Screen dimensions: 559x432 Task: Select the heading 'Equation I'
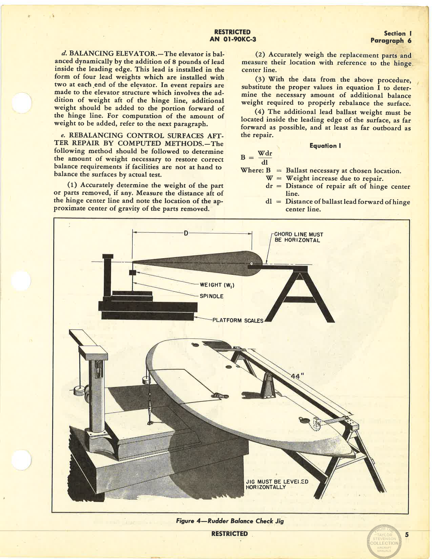(325, 146)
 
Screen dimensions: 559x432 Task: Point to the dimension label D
(185, 233)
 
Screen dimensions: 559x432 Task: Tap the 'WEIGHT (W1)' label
(217, 285)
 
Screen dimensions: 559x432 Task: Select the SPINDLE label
(211, 296)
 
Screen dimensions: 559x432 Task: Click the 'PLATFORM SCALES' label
(238, 320)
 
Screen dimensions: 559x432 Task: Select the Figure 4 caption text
(230, 521)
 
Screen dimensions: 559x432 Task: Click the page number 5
(407, 535)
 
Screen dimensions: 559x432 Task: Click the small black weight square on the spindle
(132, 273)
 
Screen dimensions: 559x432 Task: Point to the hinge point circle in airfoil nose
(251, 264)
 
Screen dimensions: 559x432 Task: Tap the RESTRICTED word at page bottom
(229, 534)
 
